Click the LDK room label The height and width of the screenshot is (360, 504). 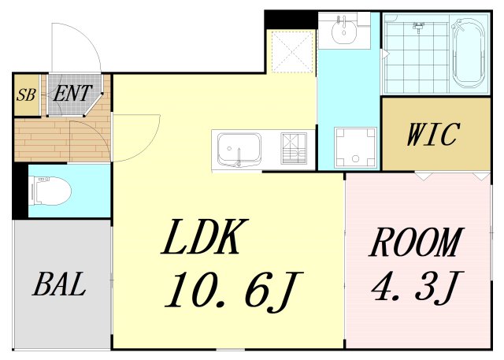pyautogui.click(x=205, y=236)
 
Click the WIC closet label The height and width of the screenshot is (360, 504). pyautogui.click(x=432, y=134)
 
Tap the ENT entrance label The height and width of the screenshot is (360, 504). pyautogui.click(x=72, y=93)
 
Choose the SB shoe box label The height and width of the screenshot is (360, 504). pyautogui.click(x=26, y=95)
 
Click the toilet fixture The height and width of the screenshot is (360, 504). pyautogui.click(x=50, y=191)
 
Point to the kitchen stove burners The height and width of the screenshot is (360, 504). pyautogui.click(x=294, y=148)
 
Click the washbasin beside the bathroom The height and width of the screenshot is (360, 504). pyautogui.click(x=344, y=30)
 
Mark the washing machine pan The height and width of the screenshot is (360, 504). pyautogui.click(x=355, y=147)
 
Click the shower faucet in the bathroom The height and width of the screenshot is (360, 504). pyautogui.click(x=418, y=28)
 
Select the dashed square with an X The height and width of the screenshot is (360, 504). pyautogui.click(x=292, y=51)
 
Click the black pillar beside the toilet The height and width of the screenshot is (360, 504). pyautogui.click(x=20, y=191)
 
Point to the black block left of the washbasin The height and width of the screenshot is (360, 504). pyautogui.click(x=291, y=20)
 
